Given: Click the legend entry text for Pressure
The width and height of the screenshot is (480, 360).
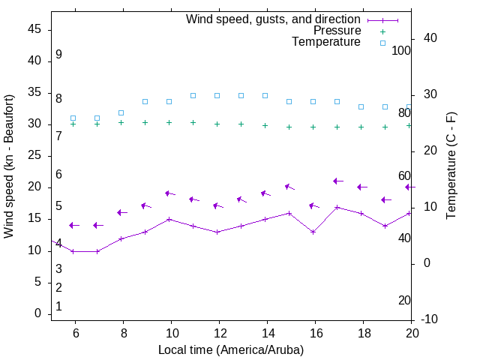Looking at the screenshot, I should click(x=337, y=31).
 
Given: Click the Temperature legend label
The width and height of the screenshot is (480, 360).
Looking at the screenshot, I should click(x=326, y=42).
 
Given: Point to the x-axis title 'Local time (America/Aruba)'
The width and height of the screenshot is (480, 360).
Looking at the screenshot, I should click(x=231, y=349).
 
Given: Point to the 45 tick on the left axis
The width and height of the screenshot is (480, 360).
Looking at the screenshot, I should click(x=34, y=29).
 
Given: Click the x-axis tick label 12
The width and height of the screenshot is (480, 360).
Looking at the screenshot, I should click(x=219, y=334).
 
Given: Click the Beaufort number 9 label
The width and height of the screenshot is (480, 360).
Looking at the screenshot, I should click(x=58, y=55).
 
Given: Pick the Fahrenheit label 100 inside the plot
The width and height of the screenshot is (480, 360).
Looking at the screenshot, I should click(x=401, y=50).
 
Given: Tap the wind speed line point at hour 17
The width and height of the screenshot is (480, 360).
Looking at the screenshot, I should click(x=337, y=207).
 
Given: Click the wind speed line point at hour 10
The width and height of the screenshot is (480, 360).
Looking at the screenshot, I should click(x=169, y=219).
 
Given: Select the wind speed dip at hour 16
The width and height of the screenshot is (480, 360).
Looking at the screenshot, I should click(x=313, y=232).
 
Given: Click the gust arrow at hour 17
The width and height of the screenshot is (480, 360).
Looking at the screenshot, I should click(x=337, y=181).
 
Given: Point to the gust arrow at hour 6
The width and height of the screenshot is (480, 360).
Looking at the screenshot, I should click(x=73, y=225).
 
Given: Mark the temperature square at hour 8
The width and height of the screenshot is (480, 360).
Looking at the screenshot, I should click(x=121, y=112).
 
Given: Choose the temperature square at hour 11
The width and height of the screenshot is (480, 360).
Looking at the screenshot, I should click(x=193, y=95).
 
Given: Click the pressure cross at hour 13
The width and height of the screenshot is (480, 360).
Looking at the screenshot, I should click(x=241, y=124).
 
